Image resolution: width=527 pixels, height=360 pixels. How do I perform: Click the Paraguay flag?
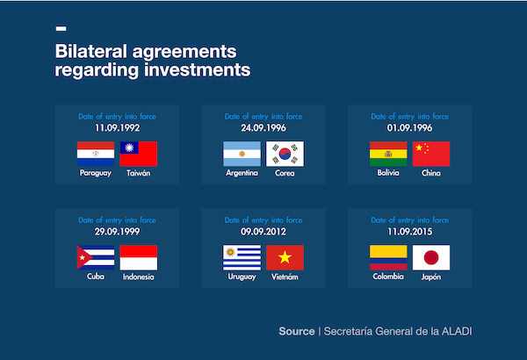tap(96, 155)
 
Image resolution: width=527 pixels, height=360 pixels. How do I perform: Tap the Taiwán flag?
tap(139, 155)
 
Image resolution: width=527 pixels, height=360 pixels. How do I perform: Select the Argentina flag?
tap(242, 155)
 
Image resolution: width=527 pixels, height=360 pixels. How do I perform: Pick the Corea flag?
tap(285, 155)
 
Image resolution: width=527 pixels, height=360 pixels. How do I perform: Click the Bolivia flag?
tap(388, 154)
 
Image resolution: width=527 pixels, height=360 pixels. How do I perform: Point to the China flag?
tap(431, 154)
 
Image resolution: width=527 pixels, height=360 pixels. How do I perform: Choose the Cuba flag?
tap(96, 257)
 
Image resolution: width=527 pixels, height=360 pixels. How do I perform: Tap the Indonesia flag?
tap(139, 257)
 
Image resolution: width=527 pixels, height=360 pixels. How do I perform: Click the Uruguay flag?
tap(242, 257)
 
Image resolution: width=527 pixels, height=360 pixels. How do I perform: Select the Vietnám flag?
tap(285, 257)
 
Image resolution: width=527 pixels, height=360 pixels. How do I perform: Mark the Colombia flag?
tap(388, 256)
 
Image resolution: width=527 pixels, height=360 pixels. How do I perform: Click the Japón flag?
tap(431, 256)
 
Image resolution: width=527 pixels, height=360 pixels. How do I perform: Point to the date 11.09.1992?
tap(117, 127)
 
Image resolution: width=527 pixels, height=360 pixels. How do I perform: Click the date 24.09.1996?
tap(263, 127)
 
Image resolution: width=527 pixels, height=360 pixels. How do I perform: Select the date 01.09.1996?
tap(409, 127)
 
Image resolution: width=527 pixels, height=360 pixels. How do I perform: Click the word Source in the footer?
tap(296, 331)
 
